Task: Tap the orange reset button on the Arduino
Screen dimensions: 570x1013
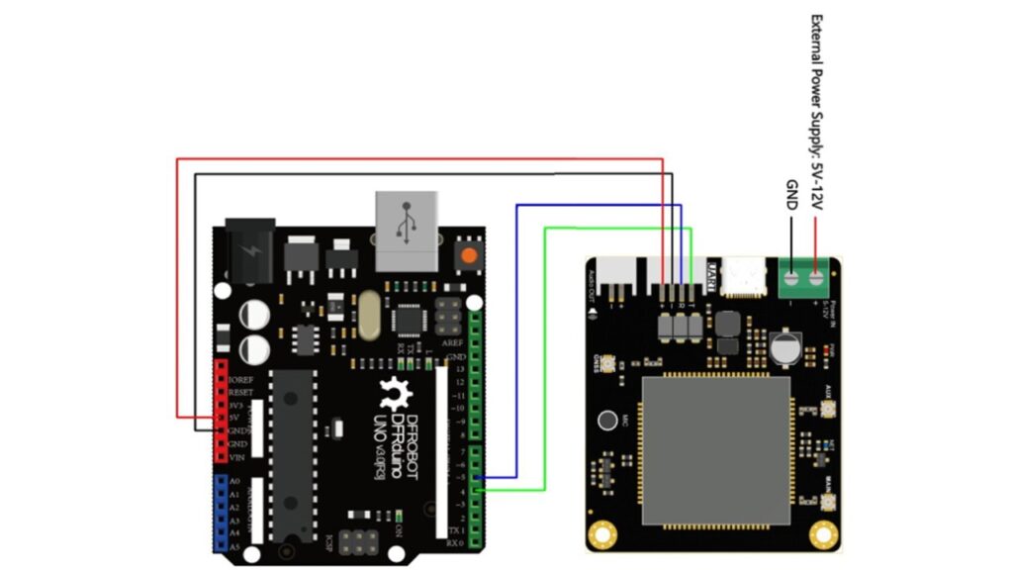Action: pyautogui.click(x=468, y=255)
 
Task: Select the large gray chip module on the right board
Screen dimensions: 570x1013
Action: pyautogui.click(x=716, y=450)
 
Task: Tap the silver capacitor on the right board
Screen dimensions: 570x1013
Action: pyautogui.click(x=782, y=346)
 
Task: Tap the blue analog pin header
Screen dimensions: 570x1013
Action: pyautogui.click(x=219, y=513)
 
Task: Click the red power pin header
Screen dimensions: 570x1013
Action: pyautogui.click(x=220, y=412)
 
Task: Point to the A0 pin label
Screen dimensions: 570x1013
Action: pyautogui.click(x=234, y=480)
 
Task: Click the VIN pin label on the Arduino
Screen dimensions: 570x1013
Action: pyautogui.click(x=236, y=457)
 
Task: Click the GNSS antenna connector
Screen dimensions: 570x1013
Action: pyautogui.click(x=605, y=362)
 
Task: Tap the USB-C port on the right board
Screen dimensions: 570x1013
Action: pyautogui.click(x=744, y=276)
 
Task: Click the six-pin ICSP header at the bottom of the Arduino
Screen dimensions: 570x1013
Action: pyautogui.click(x=356, y=541)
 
